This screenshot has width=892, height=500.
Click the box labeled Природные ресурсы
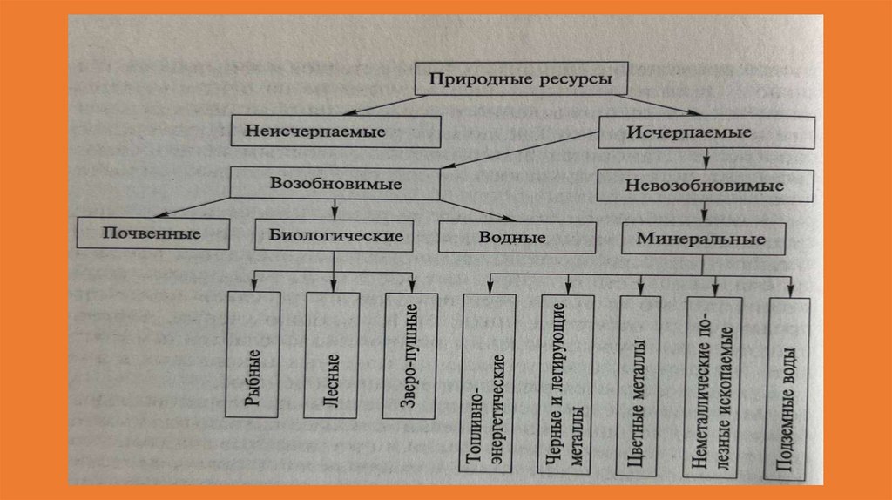coord(521,79)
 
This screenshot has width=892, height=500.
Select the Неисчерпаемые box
coord(337,131)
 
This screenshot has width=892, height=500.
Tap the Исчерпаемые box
coord(706,133)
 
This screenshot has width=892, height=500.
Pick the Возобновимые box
coord(335,185)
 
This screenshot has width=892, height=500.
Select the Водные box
coord(517,237)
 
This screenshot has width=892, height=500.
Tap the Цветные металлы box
coord(643,384)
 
